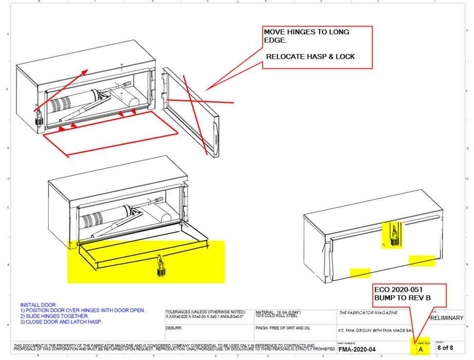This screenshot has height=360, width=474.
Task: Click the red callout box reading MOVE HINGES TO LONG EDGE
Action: click(x=317, y=47)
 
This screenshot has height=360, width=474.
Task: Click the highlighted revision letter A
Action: click(x=420, y=349)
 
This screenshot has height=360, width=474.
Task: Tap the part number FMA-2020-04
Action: click(x=357, y=350)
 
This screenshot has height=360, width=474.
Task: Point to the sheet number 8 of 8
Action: click(x=445, y=348)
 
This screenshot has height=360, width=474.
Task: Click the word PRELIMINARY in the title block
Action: click(x=446, y=318)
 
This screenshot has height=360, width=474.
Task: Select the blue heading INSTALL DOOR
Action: click(x=38, y=305)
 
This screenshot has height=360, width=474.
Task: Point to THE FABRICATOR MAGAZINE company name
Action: click(x=368, y=313)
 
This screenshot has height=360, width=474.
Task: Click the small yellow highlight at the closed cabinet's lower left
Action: click(x=360, y=273)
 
